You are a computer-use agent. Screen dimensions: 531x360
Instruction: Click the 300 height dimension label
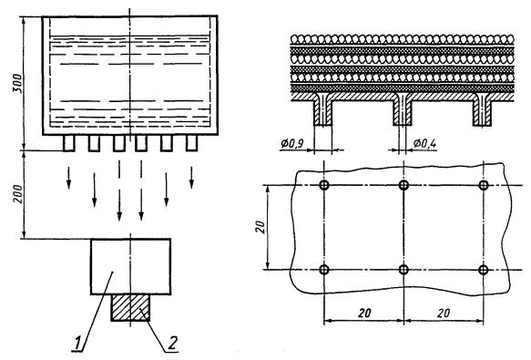pyautogui.click(x=18, y=83)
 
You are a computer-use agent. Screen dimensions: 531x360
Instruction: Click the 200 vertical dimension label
pyautogui.click(x=18, y=194)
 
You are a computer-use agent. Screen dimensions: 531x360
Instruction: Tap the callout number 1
pyautogui.click(x=78, y=343)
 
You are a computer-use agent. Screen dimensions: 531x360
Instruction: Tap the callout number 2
pyautogui.click(x=172, y=343)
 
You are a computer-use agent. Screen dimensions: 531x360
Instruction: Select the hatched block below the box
pyautogui.click(x=130, y=307)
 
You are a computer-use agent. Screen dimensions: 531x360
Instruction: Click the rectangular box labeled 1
pyautogui.click(x=130, y=266)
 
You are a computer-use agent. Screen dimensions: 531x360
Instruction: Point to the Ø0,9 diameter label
pyautogui.click(x=293, y=144)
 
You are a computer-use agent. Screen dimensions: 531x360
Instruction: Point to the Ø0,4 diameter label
pyautogui.click(x=424, y=144)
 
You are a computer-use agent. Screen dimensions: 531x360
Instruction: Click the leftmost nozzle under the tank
pyautogui.click(x=68, y=143)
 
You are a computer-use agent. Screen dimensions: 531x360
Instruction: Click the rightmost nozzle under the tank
pyautogui.click(x=191, y=143)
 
